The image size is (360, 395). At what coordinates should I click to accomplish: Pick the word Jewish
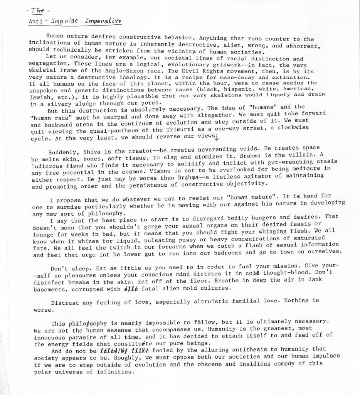[x=40, y=98]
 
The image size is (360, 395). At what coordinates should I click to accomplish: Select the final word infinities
[x=115, y=372]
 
